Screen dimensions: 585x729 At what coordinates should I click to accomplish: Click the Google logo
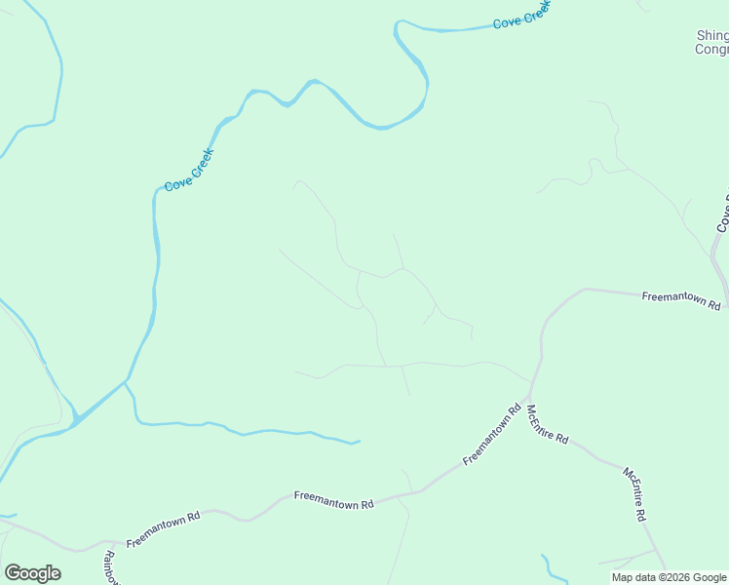[x=32, y=573]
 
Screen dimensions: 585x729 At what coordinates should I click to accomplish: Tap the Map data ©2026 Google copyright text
[x=670, y=577]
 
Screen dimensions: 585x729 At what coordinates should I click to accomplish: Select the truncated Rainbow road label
[x=110, y=568]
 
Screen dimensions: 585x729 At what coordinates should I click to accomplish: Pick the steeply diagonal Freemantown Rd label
[x=493, y=434]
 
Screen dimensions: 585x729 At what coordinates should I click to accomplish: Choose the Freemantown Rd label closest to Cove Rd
[x=681, y=299]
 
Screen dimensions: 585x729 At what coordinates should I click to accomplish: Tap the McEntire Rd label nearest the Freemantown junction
[x=547, y=424]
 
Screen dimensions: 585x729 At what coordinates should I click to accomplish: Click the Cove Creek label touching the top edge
[x=521, y=14]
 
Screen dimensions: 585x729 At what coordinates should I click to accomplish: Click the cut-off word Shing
[x=712, y=35]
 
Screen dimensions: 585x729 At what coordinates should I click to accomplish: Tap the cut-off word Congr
[x=711, y=49]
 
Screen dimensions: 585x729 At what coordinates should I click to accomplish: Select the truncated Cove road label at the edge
[x=723, y=213]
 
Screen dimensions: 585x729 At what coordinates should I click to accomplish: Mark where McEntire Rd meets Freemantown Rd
[x=531, y=383]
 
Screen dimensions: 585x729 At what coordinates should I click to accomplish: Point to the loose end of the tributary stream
[x=359, y=442]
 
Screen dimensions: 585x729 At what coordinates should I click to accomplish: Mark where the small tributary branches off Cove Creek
[x=127, y=382]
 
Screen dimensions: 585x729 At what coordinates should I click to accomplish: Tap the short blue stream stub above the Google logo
[x=8, y=515]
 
